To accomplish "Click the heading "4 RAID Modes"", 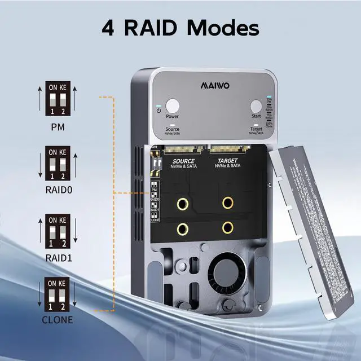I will pos(180,27).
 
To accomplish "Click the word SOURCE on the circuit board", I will pos(183,161).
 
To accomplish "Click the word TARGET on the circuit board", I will pos(228,161).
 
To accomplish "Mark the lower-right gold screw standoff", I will pos(228,228).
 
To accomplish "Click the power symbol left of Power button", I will pos(159,111).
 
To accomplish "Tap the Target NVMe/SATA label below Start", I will pos(256,131).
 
